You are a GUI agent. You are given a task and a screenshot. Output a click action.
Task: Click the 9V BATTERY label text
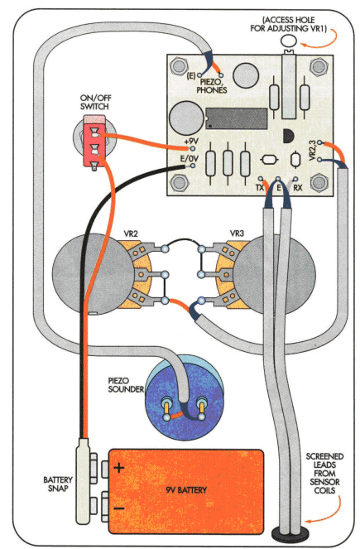coord(186,490)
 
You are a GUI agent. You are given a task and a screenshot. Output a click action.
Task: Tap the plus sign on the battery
coord(119,468)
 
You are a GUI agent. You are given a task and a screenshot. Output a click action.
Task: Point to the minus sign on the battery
coord(119,508)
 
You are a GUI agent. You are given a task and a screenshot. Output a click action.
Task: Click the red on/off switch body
coord(94,142)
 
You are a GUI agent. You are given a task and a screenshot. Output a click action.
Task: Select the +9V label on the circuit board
coord(191,142)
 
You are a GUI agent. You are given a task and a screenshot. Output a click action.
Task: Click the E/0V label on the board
coord(190,159)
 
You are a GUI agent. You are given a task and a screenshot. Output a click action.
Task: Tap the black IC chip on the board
coord(237,118)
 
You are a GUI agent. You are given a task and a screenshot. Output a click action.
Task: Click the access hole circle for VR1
coord(289,41)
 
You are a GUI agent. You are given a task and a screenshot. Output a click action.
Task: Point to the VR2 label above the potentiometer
coord(130,234)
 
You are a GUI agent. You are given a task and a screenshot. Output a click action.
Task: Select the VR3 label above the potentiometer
coord(237,234)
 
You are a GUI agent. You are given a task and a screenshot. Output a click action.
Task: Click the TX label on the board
coord(260,188)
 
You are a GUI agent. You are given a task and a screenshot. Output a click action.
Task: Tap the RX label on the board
coord(297,188)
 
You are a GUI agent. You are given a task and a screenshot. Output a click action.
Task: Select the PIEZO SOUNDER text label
coord(126,385)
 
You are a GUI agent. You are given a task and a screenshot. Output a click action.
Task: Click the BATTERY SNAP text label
coord(58,484)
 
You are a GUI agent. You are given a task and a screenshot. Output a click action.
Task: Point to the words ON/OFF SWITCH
coord(95,102)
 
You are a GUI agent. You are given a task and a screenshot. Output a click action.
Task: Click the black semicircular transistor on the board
coord(287,136)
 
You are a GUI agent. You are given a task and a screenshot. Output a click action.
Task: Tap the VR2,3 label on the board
coord(313,151)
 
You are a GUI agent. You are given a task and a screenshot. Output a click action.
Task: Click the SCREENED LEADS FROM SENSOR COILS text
coord(324,474)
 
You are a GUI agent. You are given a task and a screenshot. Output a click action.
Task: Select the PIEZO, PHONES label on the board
coord(212,86)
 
